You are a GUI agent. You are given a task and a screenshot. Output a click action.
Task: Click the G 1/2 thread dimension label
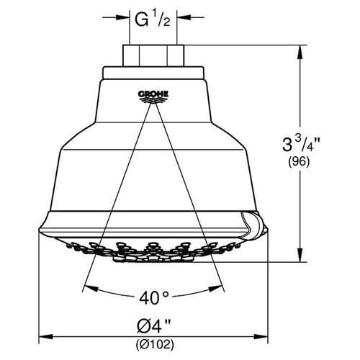click(153, 19)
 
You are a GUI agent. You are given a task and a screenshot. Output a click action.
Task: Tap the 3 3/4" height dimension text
click(301, 144)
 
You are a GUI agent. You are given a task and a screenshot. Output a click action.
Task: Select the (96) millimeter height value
click(299, 161)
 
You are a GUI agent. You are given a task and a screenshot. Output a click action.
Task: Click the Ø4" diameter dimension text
click(154, 326)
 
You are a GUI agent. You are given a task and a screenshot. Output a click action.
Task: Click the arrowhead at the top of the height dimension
click(300, 52)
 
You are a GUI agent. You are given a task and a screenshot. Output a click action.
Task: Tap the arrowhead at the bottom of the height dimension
click(300, 255)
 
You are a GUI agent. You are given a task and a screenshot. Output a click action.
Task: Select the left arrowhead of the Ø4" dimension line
click(45, 336)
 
